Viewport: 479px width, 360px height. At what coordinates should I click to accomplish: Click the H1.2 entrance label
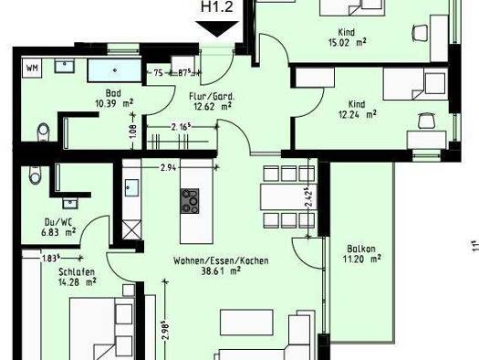click(x=217, y=9)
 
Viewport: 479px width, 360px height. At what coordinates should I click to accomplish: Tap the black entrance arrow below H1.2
click(x=217, y=29)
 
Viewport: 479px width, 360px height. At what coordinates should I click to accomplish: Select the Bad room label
click(x=113, y=93)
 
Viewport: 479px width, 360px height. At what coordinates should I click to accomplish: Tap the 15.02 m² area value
click(x=346, y=40)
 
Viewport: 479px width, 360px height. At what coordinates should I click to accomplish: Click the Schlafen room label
click(x=51, y=270)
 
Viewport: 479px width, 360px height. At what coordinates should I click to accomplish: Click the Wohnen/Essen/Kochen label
click(x=221, y=260)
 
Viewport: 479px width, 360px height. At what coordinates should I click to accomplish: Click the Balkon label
click(x=359, y=248)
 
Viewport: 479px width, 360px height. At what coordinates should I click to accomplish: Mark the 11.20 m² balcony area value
click(x=361, y=259)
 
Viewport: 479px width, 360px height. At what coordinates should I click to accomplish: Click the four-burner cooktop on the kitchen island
click(x=191, y=200)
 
